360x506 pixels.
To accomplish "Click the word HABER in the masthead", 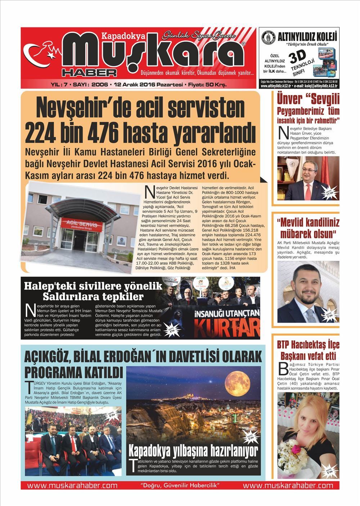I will click(x=89, y=72).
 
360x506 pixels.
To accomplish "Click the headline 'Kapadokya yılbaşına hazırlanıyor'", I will click(x=193, y=450).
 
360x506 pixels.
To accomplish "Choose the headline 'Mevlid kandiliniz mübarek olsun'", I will click(x=308, y=228).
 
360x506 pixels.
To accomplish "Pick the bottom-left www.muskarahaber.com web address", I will click(x=72, y=485).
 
